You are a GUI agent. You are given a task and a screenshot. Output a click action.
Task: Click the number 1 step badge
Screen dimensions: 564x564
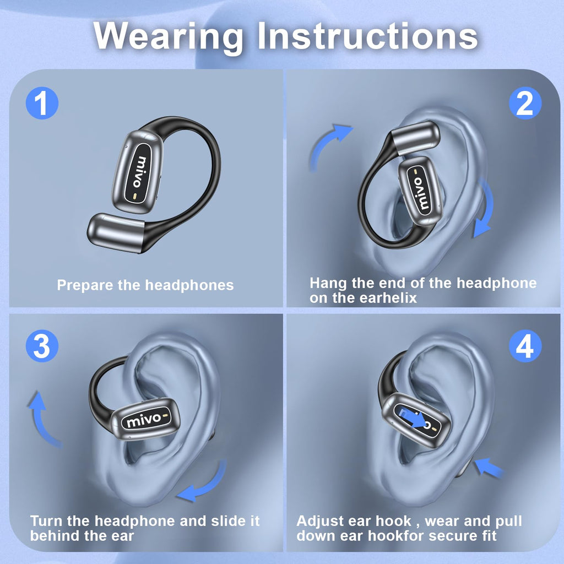click(x=42, y=103)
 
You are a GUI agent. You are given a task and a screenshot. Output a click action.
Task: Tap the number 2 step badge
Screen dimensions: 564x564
click(x=524, y=103)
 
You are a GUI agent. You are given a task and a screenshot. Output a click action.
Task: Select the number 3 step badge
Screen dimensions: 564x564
click(x=42, y=348)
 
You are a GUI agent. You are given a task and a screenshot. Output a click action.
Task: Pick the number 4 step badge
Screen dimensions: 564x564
click(x=524, y=348)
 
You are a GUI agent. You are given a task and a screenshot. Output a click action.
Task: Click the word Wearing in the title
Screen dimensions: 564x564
click(x=168, y=36)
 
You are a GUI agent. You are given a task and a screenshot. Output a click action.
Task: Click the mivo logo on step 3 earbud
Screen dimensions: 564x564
click(x=144, y=420)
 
